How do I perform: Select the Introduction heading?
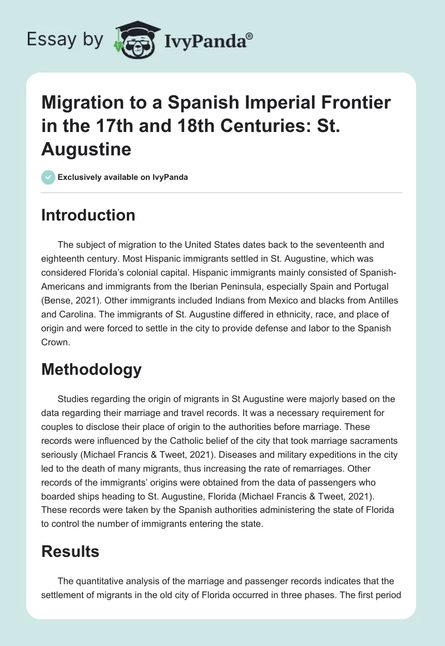pyautogui.click(x=88, y=215)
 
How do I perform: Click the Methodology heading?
pyautogui.click(x=91, y=369)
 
